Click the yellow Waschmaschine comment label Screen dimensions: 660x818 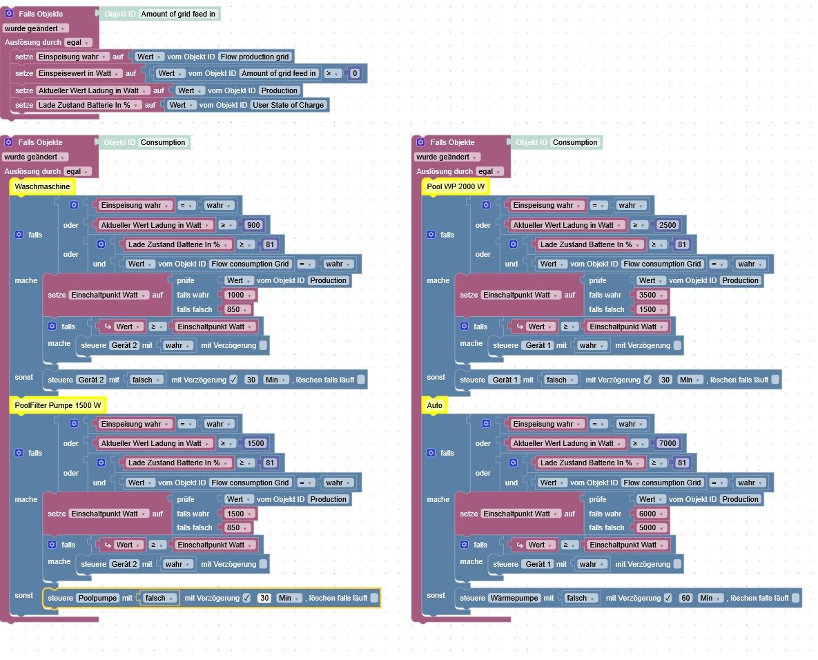pos(41,186)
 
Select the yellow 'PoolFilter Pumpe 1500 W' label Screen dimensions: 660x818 pos(58,405)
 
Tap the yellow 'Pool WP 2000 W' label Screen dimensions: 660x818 pos(456,186)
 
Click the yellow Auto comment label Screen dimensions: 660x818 pos(434,405)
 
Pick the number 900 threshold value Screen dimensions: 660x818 pos(253,225)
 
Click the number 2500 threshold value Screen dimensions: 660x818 pos(668,225)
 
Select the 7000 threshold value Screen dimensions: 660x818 pos(668,443)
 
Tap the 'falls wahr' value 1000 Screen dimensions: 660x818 pos(235,295)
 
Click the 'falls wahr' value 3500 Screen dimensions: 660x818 pos(647,295)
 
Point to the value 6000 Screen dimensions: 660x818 pos(647,514)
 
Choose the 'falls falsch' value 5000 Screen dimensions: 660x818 pos(647,527)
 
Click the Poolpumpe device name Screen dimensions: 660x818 pos(97,598)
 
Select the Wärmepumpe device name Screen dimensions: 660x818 pos(514,598)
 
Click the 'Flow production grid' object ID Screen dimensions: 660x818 pos(255,57)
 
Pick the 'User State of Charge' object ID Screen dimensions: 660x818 pos(288,105)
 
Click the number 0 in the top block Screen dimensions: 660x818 pos(355,73)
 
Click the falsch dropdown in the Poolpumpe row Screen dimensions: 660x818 pos(159,598)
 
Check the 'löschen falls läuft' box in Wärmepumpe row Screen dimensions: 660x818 pos(795,598)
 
